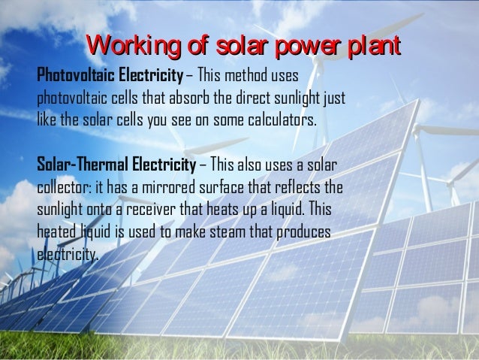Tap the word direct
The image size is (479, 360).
point(258,99)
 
